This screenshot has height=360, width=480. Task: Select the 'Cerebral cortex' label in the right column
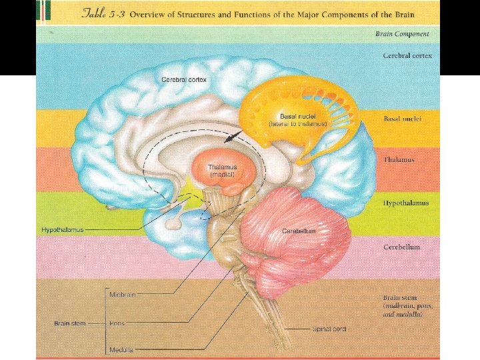pos(407,55)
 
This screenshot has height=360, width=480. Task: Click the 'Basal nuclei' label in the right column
pos(403,119)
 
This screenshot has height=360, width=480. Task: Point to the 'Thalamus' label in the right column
pos(399,160)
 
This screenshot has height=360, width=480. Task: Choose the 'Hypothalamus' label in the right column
pos(405,203)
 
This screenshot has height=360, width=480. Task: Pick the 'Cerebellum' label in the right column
pos(401,247)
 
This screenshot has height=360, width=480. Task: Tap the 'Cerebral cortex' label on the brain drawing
pos(183,80)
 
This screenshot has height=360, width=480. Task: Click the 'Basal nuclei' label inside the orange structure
pos(298,117)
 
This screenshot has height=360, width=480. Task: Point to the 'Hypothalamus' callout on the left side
pos(62,230)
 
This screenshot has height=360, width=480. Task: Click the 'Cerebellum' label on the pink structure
pos(298,231)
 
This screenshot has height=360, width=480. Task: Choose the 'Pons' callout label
pos(117,323)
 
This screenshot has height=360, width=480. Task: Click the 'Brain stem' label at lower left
pos(70,323)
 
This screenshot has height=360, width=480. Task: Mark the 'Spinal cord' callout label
pos(329,329)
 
